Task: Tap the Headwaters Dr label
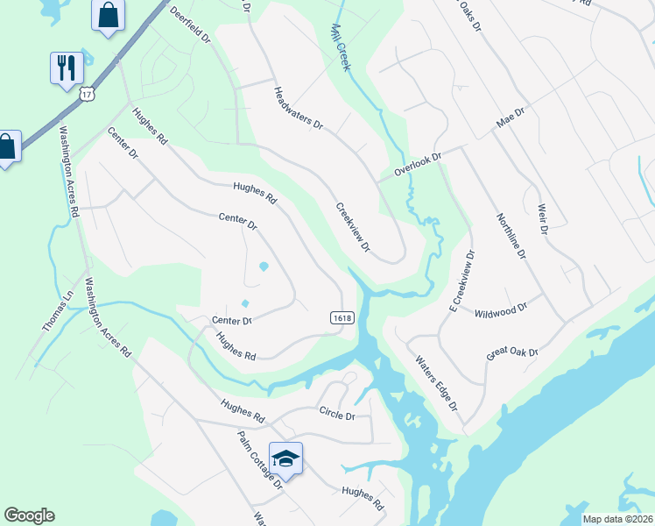point(298,109)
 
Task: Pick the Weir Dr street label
point(542,217)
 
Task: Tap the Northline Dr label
point(510,236)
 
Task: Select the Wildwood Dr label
point(501,310)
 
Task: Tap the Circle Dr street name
point(337,414)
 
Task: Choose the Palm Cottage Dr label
point(259,458)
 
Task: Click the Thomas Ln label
point(54,311)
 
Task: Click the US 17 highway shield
point(86,93)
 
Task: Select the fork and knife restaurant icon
point(67,66)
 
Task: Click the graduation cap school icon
point(285,458)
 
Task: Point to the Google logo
point(29,515)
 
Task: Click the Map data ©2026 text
point(618,519)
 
